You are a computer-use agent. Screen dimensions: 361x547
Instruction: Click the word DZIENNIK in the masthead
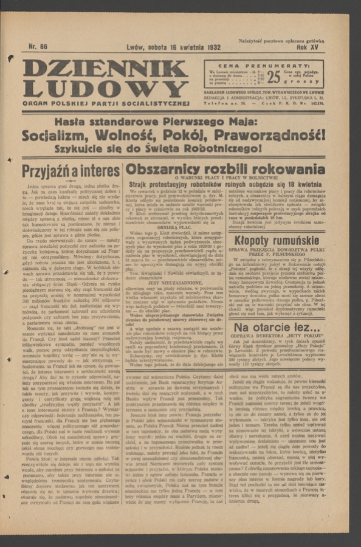click(105, 67)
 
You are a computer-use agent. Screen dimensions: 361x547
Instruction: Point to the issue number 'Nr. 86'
click(39, 46)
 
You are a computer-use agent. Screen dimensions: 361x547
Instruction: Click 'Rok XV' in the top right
click(311, 47)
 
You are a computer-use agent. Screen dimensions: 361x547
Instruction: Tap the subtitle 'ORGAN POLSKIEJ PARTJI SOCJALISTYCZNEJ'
click(106, 103)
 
